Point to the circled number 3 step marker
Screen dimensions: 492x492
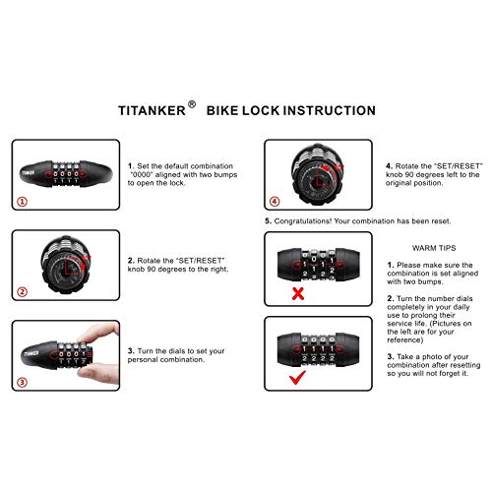click(23, 382)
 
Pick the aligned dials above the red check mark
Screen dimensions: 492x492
click(318, 345)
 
